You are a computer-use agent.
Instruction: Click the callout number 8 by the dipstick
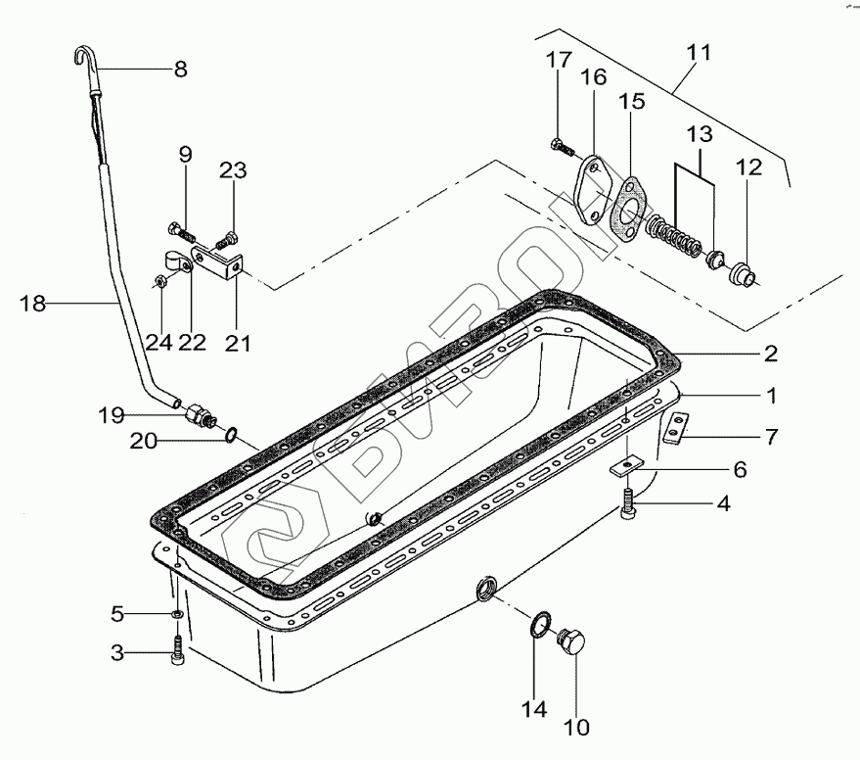pos(179,70)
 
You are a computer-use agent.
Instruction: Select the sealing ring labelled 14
pos(540,627)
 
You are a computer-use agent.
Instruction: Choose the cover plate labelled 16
pos(591,192)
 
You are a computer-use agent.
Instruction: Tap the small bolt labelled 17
pos(563,148)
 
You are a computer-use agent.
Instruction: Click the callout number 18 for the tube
pos(32,305)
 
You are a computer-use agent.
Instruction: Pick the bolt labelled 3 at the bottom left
pos(176,651)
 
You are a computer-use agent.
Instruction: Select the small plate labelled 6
pos(623,469)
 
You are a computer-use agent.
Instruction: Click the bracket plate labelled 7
pos(675,430)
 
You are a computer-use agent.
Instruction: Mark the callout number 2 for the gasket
pos(770,353)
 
